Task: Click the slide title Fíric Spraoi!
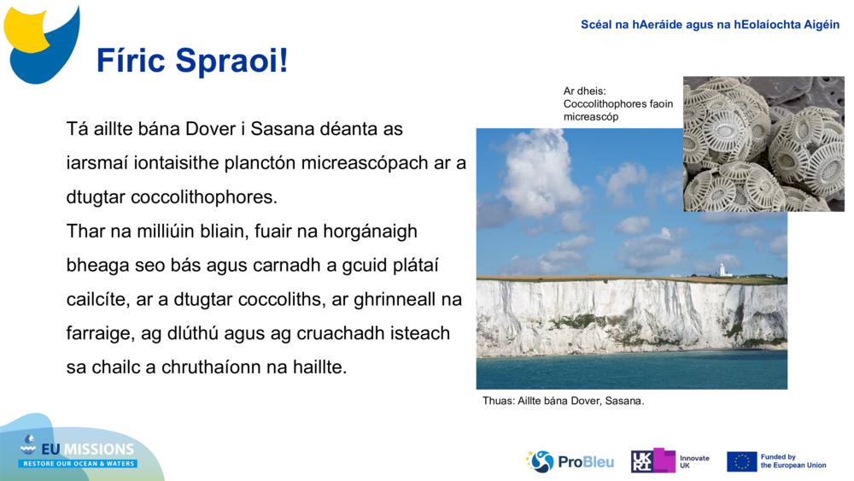coord(192,62)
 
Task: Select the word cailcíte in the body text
coord(98,300)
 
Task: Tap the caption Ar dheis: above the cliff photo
coord(584,91)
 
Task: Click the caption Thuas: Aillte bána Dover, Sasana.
coord(563,401)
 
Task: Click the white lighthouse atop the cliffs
coord(722,270)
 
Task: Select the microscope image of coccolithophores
coord(763,144)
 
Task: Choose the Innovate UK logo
coord(670,461)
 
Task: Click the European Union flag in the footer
coord(741,461)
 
